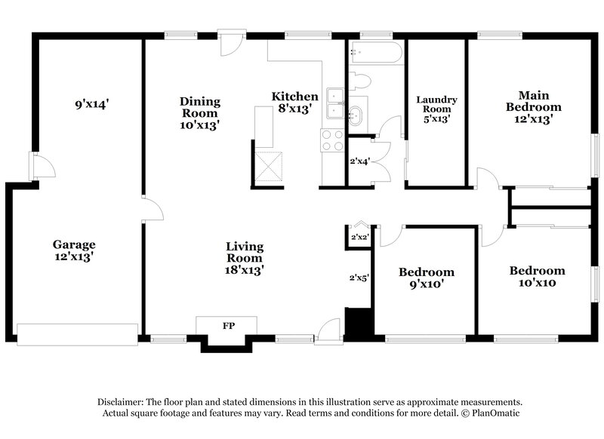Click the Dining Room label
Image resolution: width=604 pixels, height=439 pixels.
(200, 112)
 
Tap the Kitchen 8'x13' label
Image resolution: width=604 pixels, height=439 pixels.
(294, 102)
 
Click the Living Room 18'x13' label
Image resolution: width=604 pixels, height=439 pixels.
(245, 257)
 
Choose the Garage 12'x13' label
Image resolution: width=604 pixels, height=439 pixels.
(74, 250)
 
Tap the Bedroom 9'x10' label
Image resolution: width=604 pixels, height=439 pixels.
(427, 278)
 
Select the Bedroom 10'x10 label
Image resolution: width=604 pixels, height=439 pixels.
(537, 276)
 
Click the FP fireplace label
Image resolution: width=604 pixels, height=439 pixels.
(226, 326)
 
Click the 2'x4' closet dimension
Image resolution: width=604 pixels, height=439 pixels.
(359, 161)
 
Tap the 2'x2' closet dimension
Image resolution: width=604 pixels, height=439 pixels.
(359, 237)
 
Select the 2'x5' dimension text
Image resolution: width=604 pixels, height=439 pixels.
(358, 278)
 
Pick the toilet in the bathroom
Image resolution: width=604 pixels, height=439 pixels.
(361, 81)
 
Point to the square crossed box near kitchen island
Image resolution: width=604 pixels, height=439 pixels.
(269, 167)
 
